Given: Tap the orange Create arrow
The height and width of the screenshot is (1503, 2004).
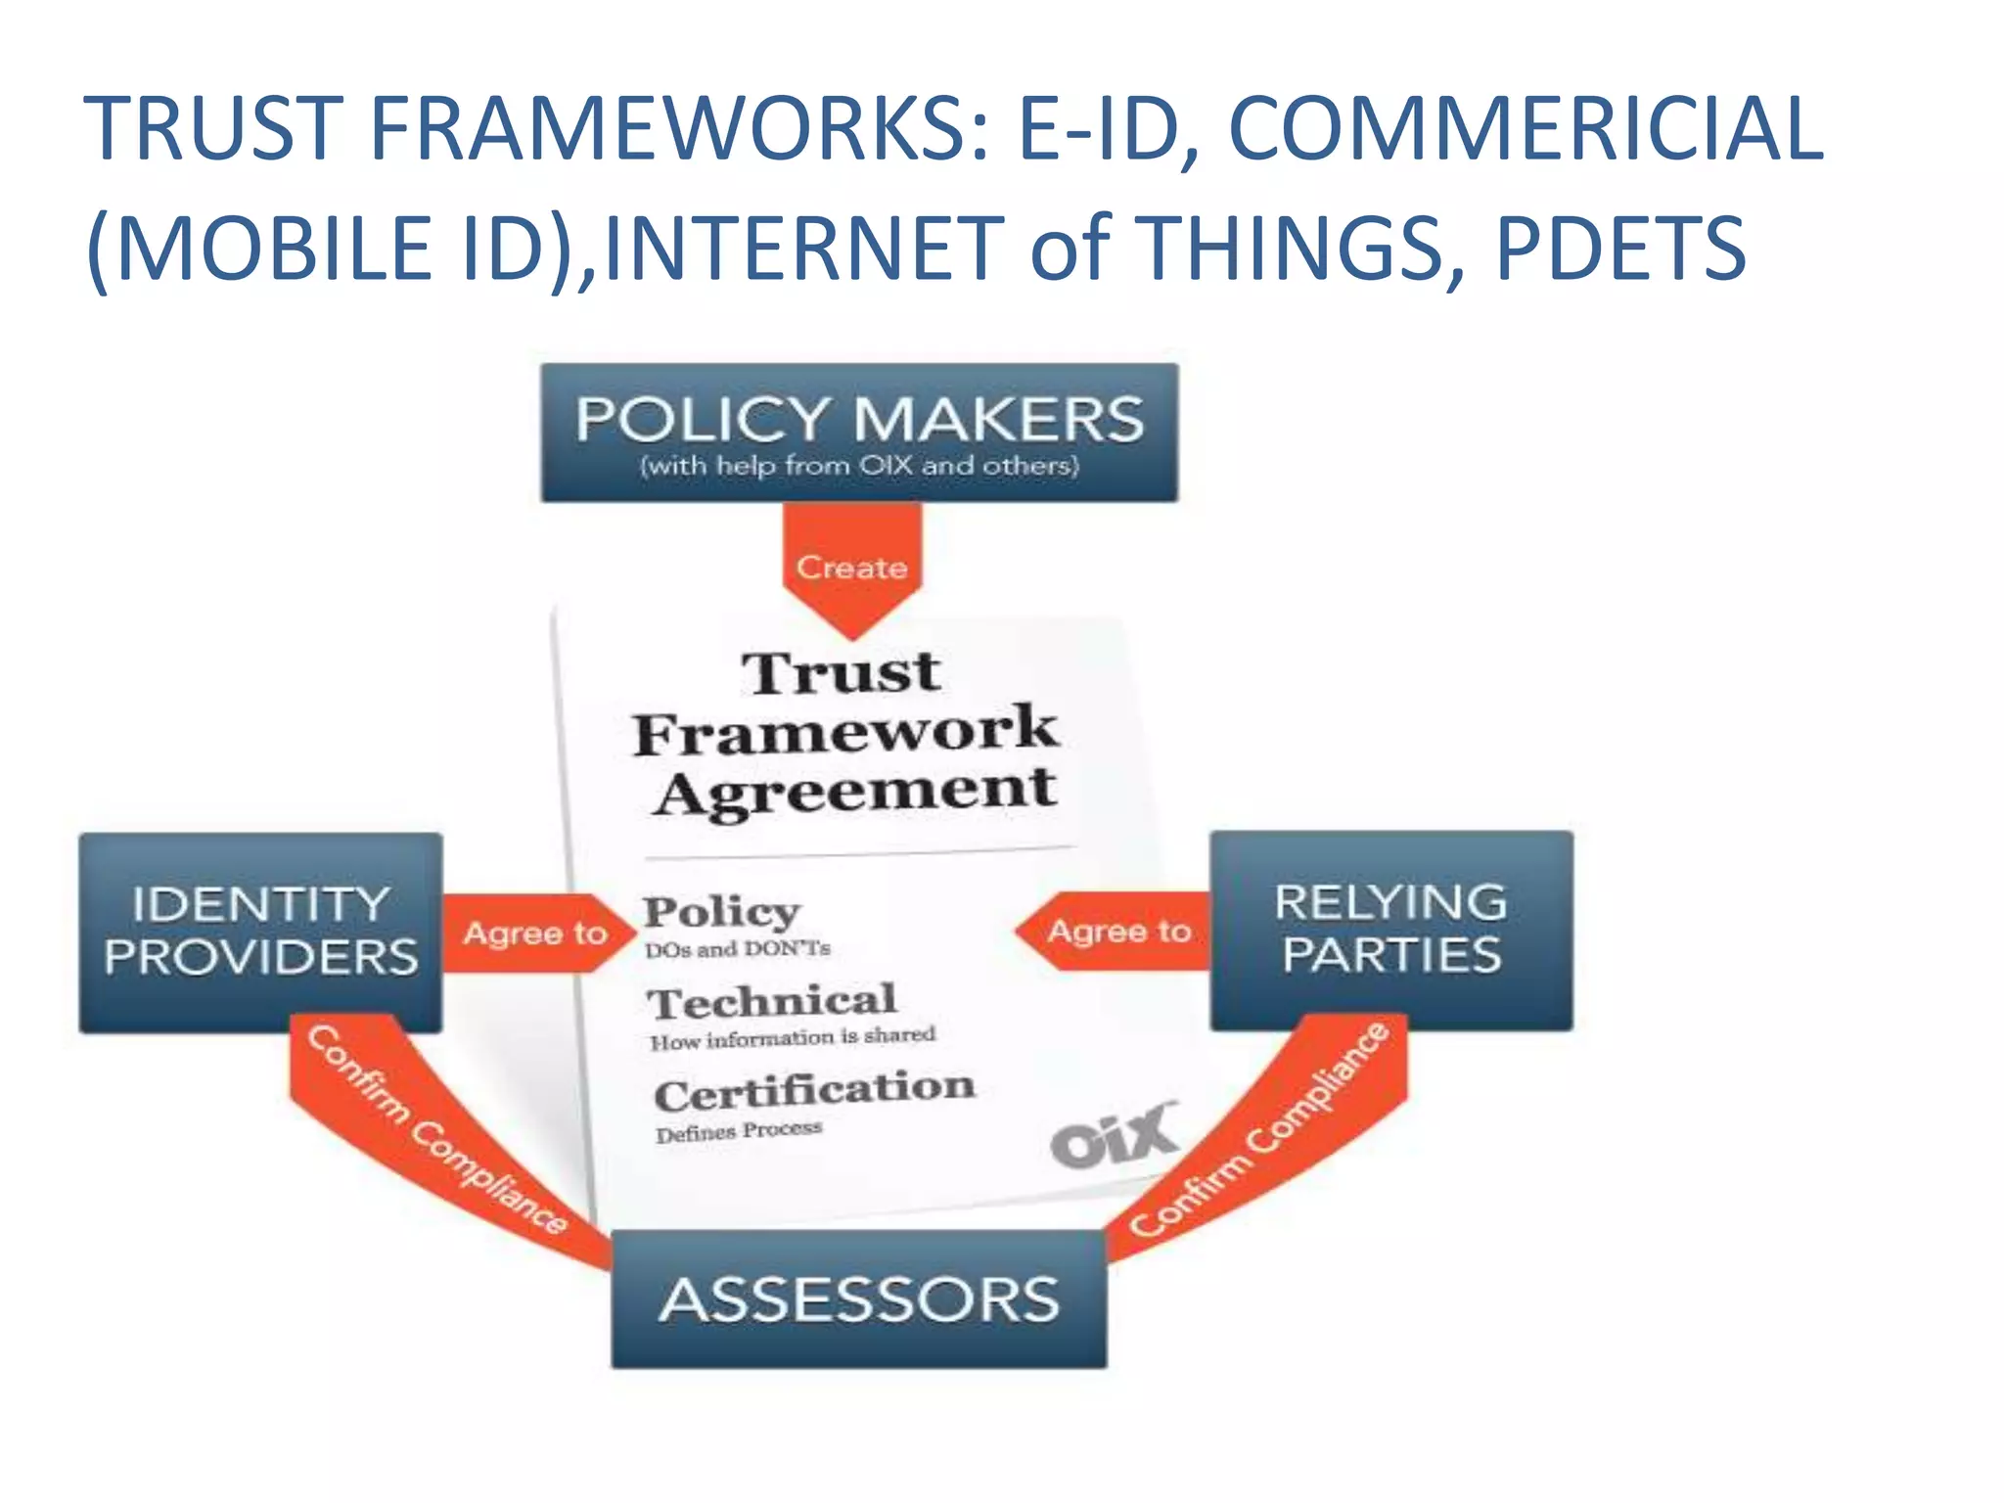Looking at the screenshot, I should [x=851, y=567].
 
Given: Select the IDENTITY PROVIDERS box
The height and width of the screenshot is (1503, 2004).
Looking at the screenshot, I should [x=260, y=932].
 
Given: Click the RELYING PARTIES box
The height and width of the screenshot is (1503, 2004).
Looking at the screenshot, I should [x=1390, y=930].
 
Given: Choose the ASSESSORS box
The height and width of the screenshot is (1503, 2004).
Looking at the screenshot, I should [x=859, y=1299].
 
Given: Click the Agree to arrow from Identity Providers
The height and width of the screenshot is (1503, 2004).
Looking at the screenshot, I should [x=534, y=933].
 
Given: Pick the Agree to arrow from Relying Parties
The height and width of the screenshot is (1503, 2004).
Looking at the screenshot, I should [x=1117, y=931].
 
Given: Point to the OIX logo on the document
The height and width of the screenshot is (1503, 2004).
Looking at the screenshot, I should [x=1114, y=1135].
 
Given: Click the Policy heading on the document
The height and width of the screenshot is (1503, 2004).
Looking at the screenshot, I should [x=721, y=911].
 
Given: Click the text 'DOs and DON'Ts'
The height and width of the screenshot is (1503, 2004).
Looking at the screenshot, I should [x=737, y=949].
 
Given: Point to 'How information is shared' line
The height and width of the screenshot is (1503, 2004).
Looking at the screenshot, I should [x=793, y=1037].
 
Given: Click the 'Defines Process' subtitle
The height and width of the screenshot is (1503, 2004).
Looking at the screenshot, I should [x=739, y=1131].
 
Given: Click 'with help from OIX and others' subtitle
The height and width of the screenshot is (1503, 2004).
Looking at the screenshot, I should [x=859, y=466].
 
